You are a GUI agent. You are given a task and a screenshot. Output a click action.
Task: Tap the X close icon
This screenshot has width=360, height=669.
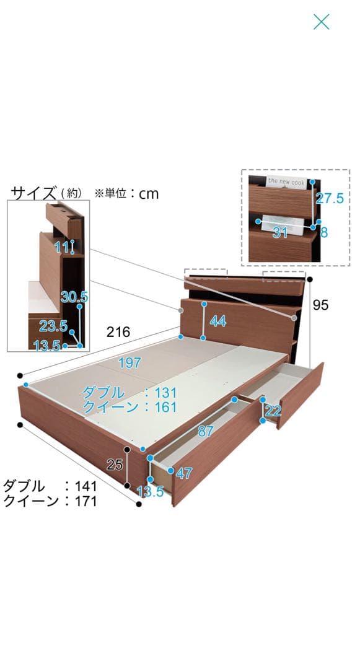click(321, 22)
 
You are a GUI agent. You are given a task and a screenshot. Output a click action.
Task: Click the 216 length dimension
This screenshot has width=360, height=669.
click(118, 331)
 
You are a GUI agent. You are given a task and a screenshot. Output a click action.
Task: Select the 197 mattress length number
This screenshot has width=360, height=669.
click(130, 362)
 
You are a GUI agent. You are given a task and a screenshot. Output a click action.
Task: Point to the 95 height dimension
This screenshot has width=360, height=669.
click(320, 305)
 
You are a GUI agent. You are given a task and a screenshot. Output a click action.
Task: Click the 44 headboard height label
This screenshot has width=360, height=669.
click(217, 321)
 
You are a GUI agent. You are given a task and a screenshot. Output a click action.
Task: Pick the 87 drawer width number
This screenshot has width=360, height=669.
click(206, 431)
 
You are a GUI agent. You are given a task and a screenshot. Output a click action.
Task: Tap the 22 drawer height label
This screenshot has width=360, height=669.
click(273, 411)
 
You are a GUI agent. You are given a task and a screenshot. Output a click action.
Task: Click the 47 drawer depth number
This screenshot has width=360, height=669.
click(184, 473)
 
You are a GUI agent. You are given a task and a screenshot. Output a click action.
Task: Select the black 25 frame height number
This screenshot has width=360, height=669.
click(115, 464)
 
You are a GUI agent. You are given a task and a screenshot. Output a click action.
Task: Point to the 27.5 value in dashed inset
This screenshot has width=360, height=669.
click(329, 198)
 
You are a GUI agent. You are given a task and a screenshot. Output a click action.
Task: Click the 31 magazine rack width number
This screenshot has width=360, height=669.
click(279, 232)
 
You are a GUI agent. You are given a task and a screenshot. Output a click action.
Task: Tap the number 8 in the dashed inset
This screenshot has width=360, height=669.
click(324, 232)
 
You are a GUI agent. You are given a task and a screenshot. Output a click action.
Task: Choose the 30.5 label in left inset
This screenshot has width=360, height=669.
click(74, 297)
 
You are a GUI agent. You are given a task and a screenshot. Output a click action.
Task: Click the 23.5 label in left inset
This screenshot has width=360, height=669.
click(54, 326)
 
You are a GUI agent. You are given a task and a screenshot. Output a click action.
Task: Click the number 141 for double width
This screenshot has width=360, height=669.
click(86, 486)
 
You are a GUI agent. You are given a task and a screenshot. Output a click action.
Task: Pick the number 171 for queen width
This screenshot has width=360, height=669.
click(86, 501)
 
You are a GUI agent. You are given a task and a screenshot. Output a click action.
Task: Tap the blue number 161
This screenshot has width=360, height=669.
click(166, 406)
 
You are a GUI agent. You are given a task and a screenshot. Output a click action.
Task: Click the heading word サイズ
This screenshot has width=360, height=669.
click(33, 193)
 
